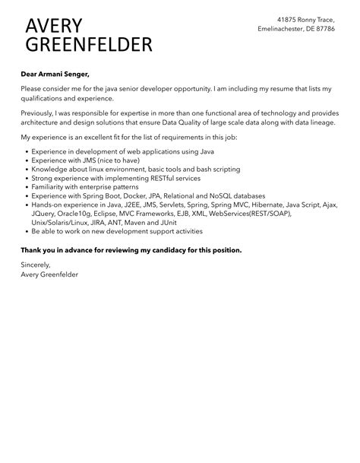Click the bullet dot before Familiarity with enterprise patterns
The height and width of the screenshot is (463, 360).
tap(27, 187)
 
